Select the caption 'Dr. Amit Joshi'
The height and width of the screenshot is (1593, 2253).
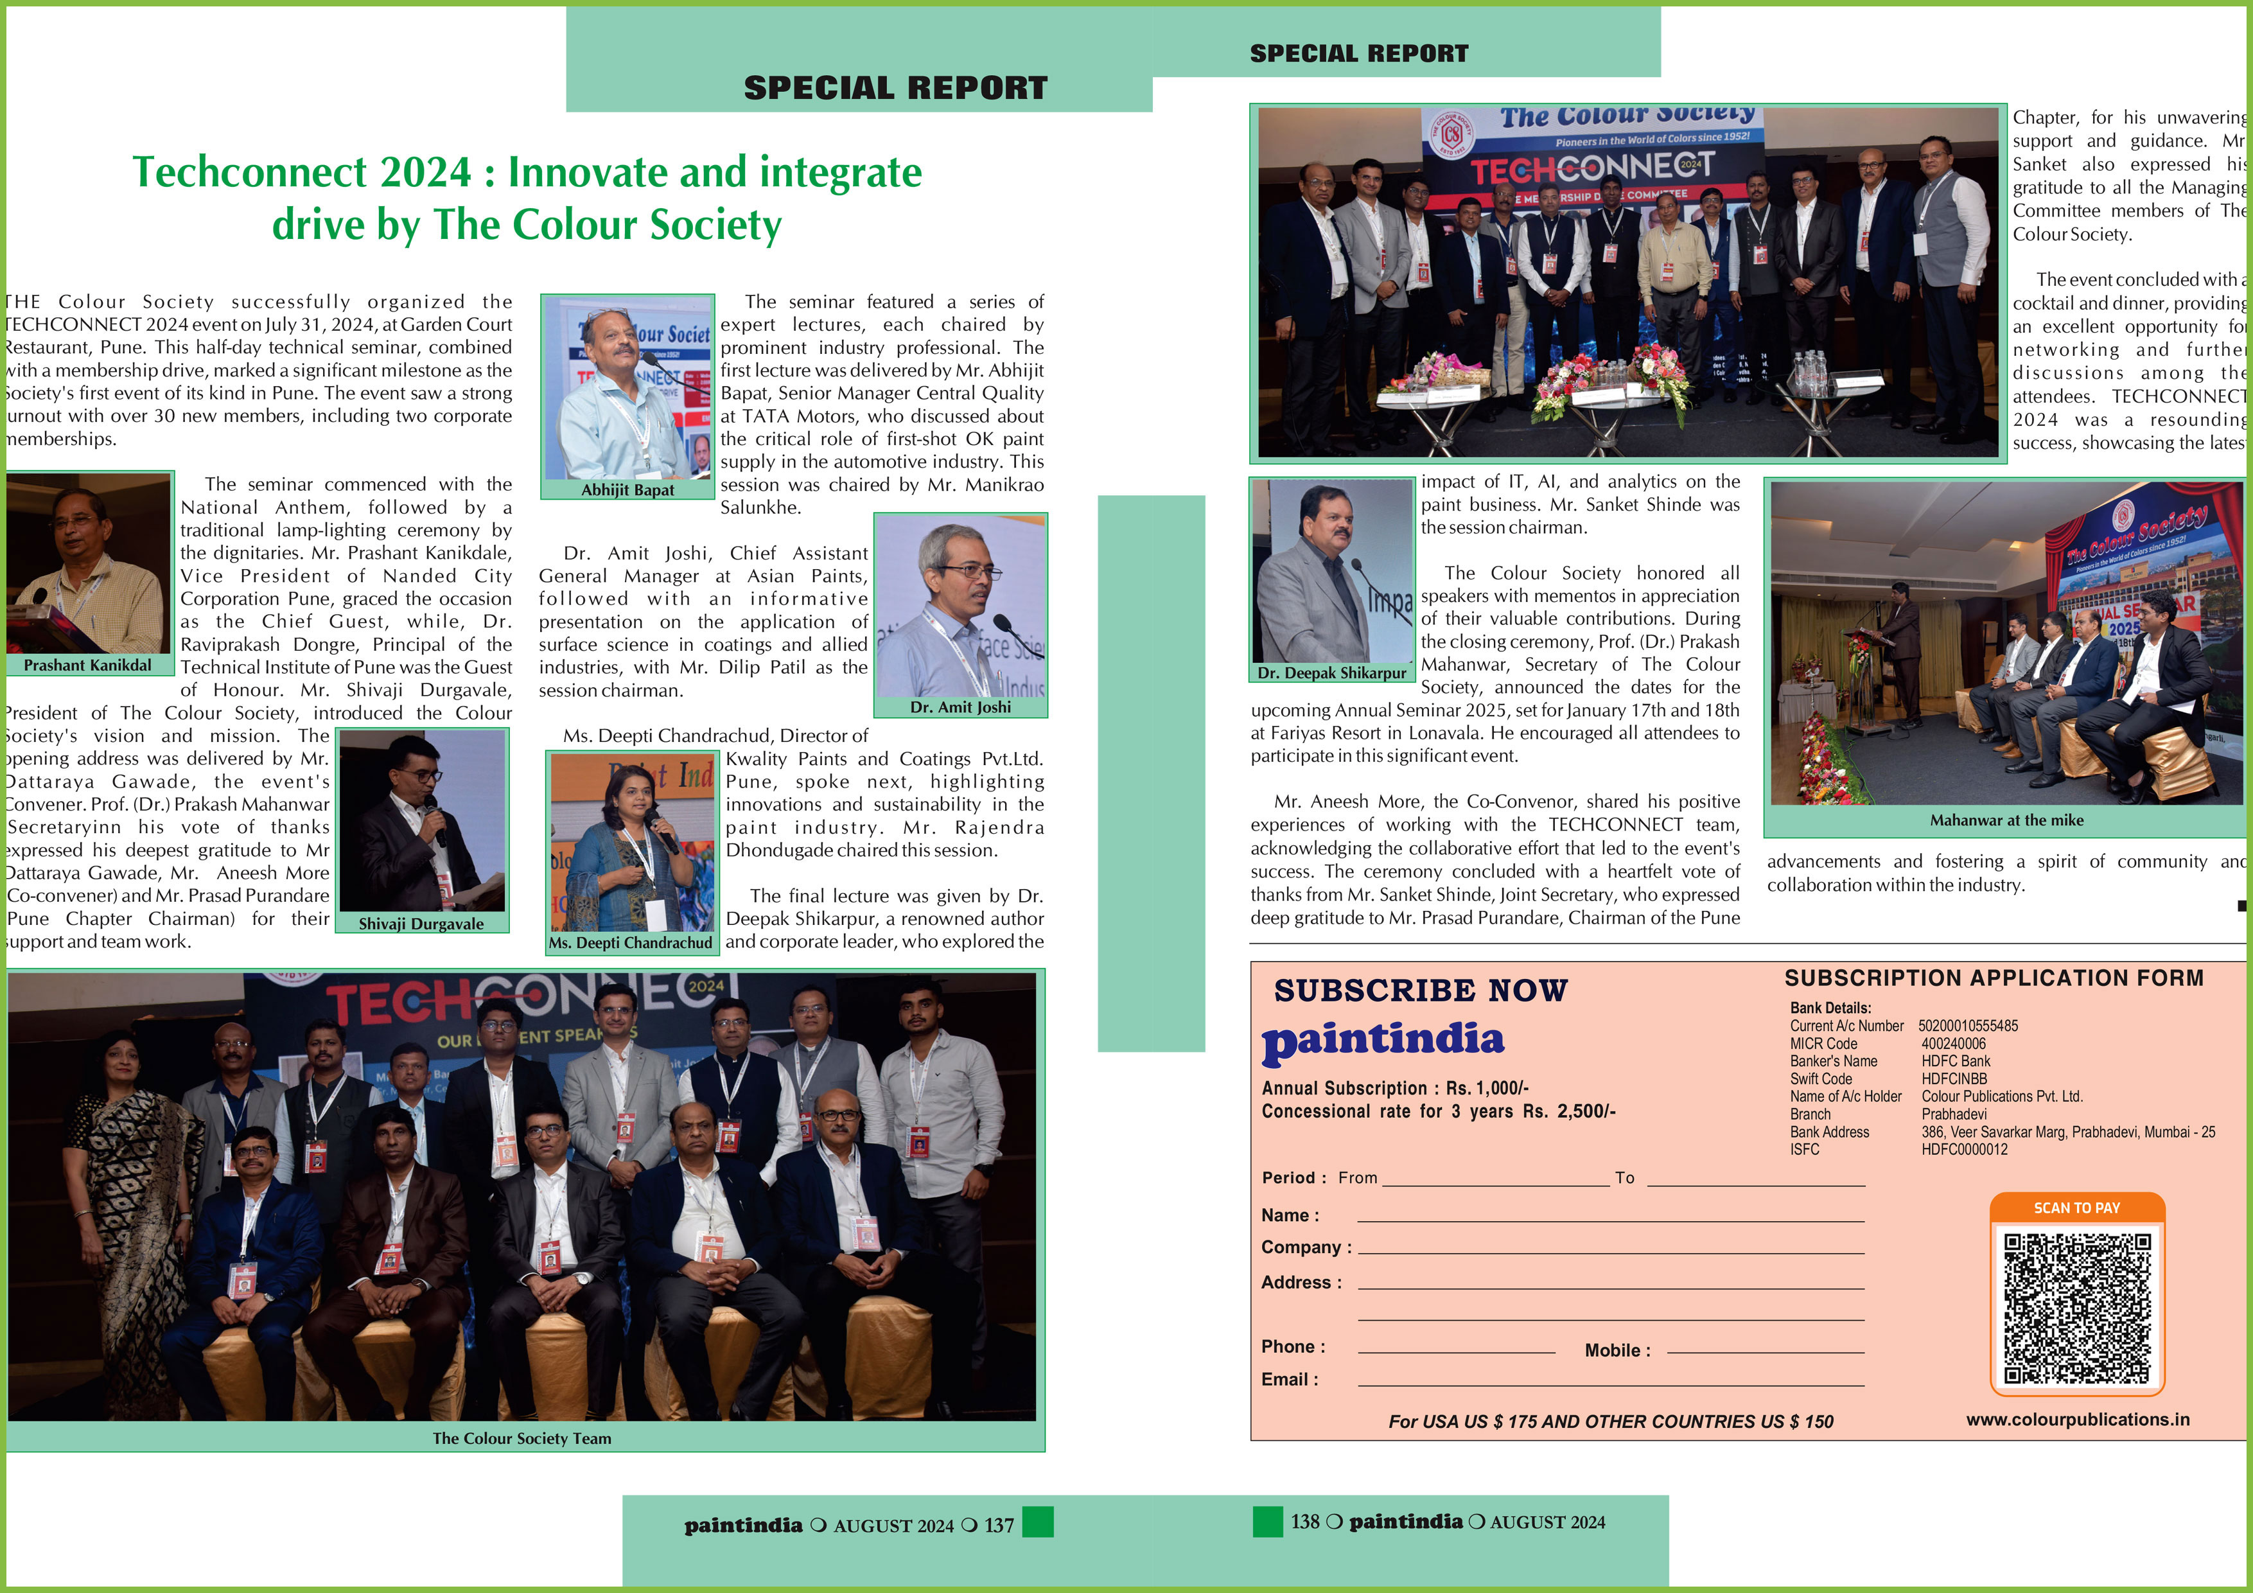click(x=960, y=707)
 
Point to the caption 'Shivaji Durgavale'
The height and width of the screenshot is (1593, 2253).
click(x=421, y=924)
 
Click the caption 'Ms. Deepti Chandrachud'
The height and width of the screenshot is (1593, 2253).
click(x=630, y=942)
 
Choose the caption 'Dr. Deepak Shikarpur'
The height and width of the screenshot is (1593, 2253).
click(x=1331, y=673)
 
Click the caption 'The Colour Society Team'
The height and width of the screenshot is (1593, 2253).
click(x=522, y=1438)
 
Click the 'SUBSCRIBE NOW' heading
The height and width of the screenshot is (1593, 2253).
click(x=1420, y=991)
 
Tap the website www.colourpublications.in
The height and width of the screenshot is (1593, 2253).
click(x=2078, y=1420)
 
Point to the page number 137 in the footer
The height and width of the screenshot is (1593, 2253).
click(x=999, y=1526)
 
